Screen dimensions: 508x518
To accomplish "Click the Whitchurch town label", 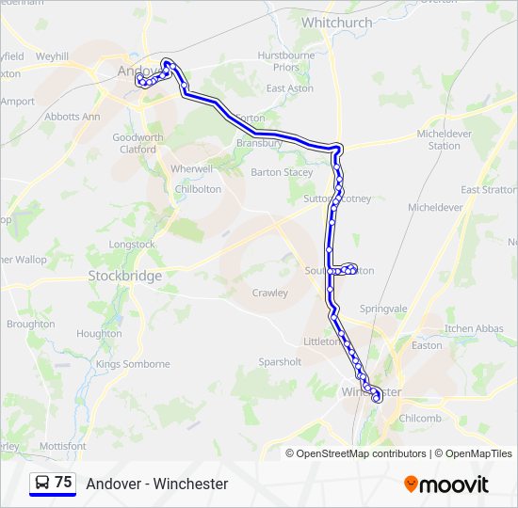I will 336,22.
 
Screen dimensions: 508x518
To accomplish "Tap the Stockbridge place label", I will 124,276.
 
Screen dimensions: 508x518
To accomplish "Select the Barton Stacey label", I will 282,172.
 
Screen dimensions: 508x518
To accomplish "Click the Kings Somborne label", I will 133,364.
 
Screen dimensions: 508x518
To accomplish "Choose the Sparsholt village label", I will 280,361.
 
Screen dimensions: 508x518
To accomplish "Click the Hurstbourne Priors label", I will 285,61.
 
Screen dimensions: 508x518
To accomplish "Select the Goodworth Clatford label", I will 138,143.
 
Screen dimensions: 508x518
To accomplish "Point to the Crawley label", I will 269,293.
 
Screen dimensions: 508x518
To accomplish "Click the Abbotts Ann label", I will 72,117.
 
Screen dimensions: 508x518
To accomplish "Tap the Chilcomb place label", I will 419,418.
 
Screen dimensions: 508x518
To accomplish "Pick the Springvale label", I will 383,308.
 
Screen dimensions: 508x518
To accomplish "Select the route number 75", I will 63,483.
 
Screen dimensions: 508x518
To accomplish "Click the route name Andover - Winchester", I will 157,484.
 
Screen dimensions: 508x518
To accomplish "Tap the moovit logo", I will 446,484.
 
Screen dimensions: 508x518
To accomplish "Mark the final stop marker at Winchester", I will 378,399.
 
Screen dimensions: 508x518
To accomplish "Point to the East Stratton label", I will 487,190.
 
